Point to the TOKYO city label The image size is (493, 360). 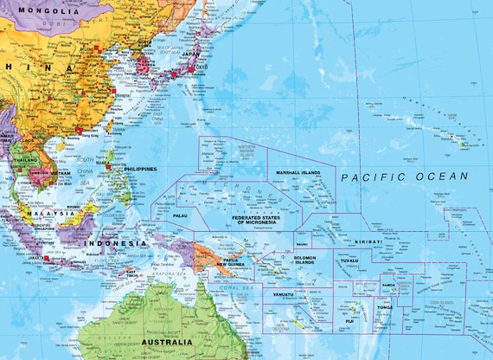coord(202,66)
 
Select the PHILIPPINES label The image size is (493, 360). coord(134,169)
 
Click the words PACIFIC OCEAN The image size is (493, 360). coord(404,177)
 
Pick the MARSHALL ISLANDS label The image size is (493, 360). coord(298,173)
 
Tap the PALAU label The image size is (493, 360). coord(180,215)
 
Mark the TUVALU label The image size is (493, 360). coord(349,260)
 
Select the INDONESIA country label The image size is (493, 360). coord(115,243)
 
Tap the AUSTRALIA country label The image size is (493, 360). coord(166,343)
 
